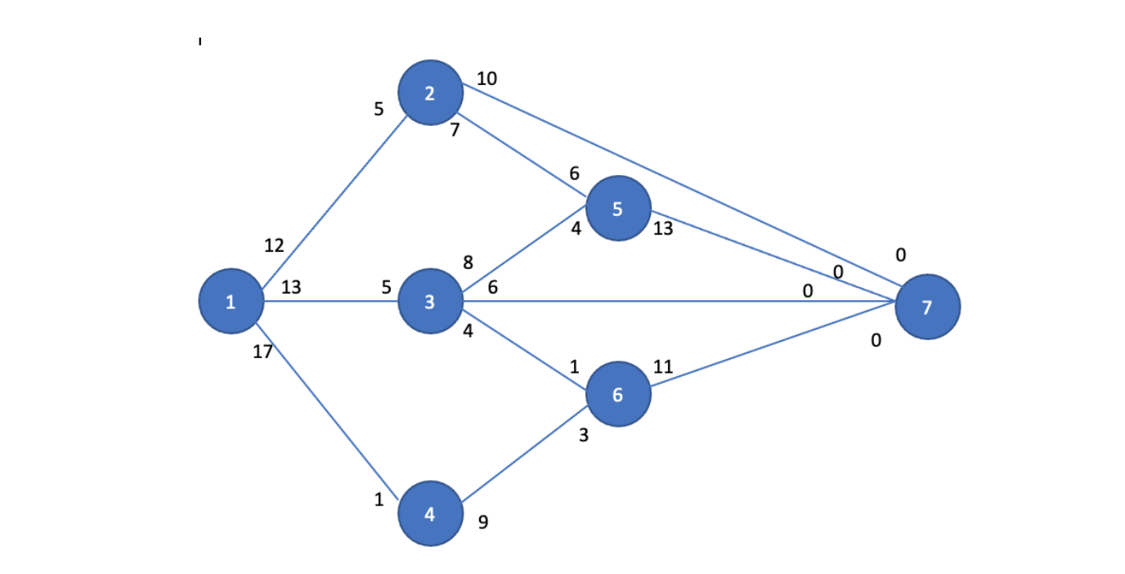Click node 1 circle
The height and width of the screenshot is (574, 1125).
tap(231, 301)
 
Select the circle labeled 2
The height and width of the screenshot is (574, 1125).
tap(430, 92)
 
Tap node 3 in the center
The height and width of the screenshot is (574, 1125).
tap(430, 302)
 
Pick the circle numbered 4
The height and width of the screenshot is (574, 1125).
tap(430, 513)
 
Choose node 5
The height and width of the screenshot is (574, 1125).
tap(618, 209)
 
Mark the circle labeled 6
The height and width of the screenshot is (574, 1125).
tap(618, 394)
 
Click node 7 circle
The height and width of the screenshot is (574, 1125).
tap(927, 307)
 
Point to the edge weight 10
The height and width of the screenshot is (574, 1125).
tap(486, 78)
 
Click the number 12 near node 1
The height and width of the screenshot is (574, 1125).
tap(274, 245)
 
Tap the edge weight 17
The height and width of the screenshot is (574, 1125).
tap(263, 352)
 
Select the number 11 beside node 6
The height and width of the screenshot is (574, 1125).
tap(663, 367)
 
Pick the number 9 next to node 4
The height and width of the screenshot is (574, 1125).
tap(483, 522)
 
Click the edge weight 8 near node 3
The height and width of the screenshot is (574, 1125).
tap(468, 263)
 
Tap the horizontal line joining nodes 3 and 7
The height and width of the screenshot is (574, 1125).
tap(654, 302)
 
